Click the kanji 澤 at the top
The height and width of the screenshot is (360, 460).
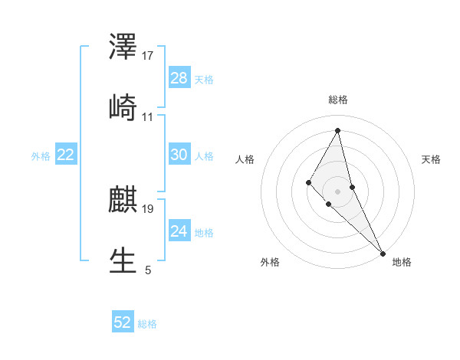pos(123,47)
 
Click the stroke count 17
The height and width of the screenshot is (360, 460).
pos(149,56)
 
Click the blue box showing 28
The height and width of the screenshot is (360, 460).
pos(179,78)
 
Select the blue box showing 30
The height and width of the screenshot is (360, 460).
pos(179,155)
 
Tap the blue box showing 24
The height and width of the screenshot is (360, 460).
pos(179,231)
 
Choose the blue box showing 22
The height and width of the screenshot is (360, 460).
pos(66,155)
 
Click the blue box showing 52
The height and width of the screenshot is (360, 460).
pos(123,322)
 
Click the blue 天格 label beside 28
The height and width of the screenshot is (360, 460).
pos(204,79)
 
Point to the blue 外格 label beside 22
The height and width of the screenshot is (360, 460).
pos(41,155)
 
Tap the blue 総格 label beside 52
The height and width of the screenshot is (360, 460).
pos(147,323)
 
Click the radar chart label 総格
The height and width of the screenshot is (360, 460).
pos(338,100)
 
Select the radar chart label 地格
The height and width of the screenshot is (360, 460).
pos(402,262)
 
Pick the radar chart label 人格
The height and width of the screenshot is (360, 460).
pos(245,159)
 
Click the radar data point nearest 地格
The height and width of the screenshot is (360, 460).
pos(383,252)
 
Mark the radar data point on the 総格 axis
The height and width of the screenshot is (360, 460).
pos(338,130)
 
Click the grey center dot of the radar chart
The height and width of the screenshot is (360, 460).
pos(338,191)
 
